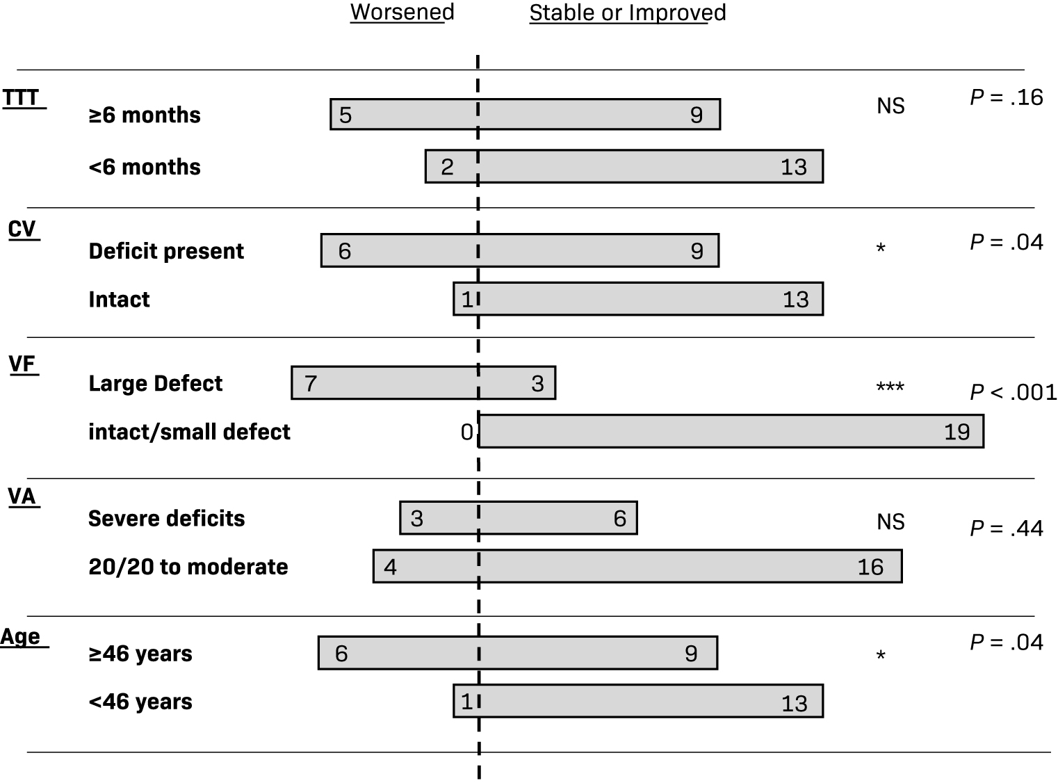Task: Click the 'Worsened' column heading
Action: click(402, 13)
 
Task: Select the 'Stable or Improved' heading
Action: click(627, 13)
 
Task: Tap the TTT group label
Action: click(21, 98)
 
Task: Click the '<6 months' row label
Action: click(145, 167)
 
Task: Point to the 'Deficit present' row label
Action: click(166, 251)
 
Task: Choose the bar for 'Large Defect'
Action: click(423, 383)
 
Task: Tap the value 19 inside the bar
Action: click(957, 433)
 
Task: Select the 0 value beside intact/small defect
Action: click(467, 433)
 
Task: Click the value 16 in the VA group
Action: click(870, 567)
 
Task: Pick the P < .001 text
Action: click(1013, 393)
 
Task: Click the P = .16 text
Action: click(1007, 98)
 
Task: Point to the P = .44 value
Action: click(1007, 529)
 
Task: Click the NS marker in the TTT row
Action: click(890, 106)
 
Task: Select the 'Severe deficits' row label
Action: click(166, 519)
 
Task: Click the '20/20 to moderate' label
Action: click(188, 567)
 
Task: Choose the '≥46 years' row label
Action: click(140, 654)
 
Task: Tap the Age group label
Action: click(21, 637)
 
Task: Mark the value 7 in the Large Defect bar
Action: click(311, 383)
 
